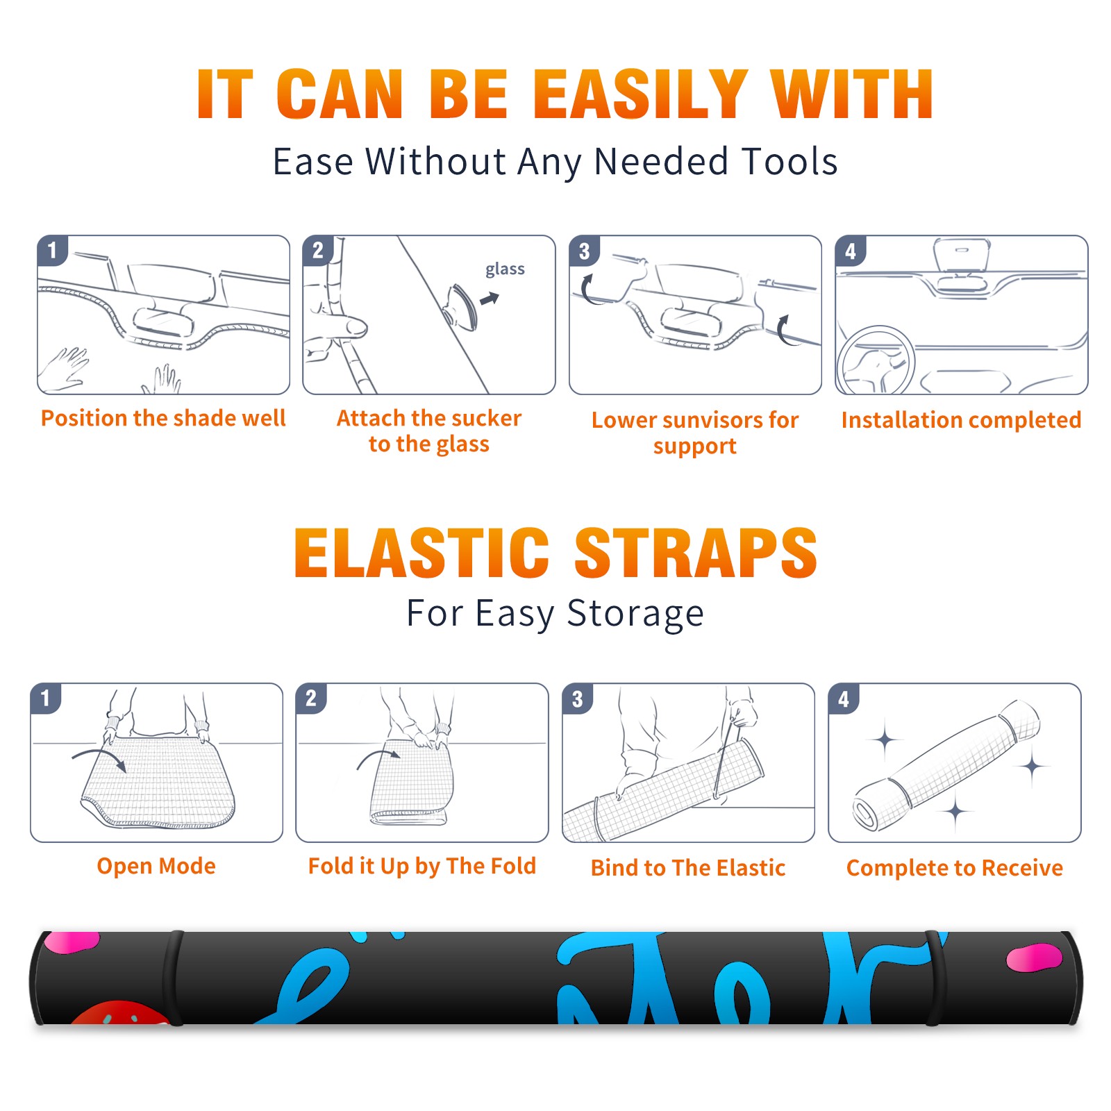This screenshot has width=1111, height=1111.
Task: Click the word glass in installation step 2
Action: (x=505, y=269)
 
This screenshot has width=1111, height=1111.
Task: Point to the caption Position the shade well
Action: (x=163, y=418)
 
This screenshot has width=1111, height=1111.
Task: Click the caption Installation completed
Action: (x=961, y=420)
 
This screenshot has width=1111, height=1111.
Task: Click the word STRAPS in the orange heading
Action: (x=696, y=553)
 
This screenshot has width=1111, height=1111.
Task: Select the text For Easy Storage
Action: (x=555, y=614)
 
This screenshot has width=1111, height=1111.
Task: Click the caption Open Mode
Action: (x=156, y=866)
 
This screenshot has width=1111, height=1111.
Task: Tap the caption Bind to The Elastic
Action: (x=688, y=868)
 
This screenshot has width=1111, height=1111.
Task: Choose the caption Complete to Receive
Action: (x=955, y=868)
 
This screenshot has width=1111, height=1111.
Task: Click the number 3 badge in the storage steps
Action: (x=577, y=699)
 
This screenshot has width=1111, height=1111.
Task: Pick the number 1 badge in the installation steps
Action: (x=53, y=250)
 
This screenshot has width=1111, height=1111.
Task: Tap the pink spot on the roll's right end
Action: (x=1034, y=957)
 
